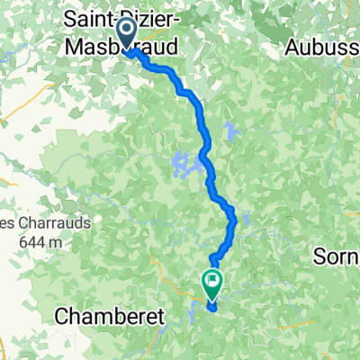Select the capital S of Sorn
click(319, 256)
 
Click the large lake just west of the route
click(183, 166)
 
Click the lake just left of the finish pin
click(193, 313)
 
